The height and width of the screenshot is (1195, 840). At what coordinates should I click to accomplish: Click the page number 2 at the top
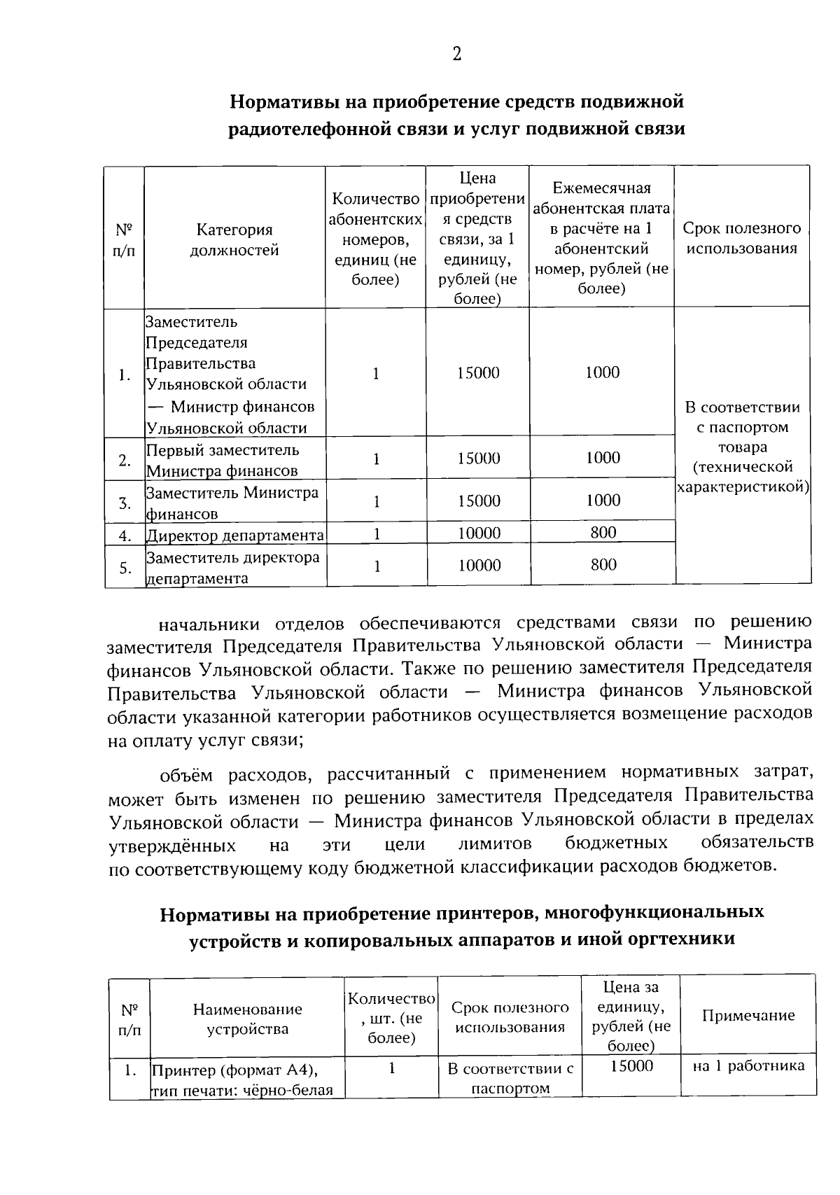456,54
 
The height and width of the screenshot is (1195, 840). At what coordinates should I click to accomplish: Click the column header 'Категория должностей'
234,239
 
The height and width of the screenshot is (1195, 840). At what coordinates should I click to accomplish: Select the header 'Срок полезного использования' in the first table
741,238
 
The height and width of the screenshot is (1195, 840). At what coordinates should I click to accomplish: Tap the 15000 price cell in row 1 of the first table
478,373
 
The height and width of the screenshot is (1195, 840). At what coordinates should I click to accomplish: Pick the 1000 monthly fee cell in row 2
602,458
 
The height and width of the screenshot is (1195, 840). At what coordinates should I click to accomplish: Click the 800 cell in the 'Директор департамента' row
603,533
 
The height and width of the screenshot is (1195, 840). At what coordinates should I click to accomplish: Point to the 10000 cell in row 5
479,565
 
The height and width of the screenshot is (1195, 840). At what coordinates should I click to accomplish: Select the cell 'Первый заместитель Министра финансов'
223,460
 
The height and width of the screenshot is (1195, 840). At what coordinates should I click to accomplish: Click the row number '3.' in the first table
125,503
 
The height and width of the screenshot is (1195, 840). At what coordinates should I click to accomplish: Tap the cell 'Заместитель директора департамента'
232,567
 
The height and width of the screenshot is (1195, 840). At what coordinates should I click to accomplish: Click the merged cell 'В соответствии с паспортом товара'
742,446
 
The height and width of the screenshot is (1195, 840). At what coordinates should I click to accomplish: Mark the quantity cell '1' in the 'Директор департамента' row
377,533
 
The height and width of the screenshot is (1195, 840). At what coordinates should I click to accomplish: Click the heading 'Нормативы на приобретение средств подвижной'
456,102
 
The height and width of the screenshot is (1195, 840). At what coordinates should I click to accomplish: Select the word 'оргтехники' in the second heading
685,939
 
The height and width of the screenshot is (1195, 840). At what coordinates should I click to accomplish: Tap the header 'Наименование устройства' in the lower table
248,1019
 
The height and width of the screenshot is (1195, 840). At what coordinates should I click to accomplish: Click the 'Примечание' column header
748,1015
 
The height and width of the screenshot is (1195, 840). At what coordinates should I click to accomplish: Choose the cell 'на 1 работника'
748,1066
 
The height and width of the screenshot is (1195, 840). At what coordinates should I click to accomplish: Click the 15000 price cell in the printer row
631,1066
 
